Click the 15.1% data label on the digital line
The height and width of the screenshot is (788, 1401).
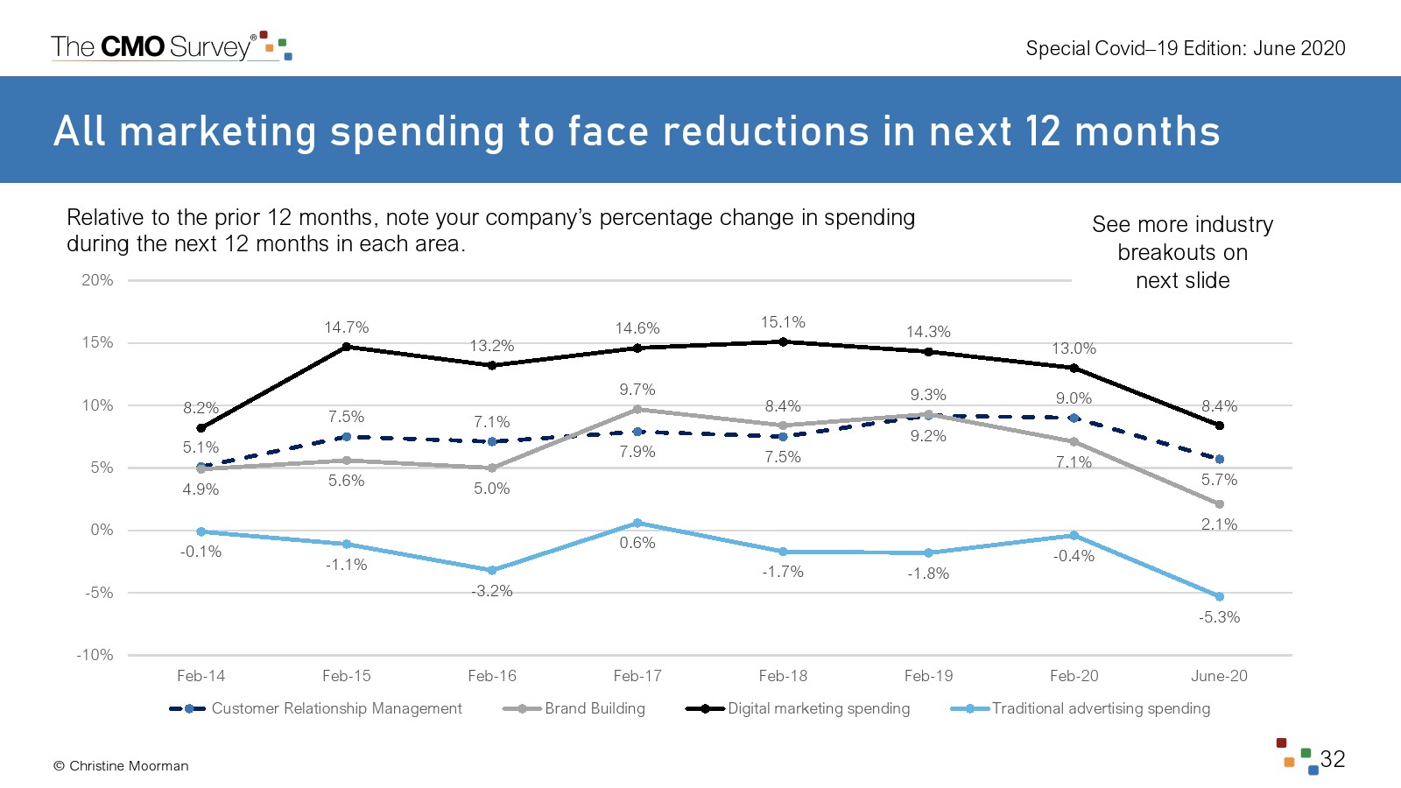pos(783,322)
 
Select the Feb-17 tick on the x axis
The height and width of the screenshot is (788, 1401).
pos(637,676)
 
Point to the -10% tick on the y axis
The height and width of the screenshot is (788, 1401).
pos(95,655)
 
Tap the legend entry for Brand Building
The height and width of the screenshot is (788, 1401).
pos(594,708)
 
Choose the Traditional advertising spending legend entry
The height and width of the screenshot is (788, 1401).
pos(1100,708)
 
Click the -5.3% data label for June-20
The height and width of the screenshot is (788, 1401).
pos(1219,617)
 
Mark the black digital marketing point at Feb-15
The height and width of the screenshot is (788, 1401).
pos(347,347)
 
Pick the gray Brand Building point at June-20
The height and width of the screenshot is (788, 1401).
pos(1219,504)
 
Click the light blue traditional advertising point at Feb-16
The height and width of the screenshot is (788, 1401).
pos(492,570)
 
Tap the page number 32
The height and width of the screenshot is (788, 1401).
pos(1332,759)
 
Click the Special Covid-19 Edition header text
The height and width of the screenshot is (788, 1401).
pos(1185,48)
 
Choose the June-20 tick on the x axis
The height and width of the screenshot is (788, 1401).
pos(1219,676)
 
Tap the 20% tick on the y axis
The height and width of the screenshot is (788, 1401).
pos(97,280)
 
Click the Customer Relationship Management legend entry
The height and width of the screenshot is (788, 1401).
pos(336,708)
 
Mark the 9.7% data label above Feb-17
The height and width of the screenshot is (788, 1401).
pos(637,390)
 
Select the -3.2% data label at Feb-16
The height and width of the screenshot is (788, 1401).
pos(492,591)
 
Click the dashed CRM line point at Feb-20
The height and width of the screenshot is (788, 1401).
pos(1074,418)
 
